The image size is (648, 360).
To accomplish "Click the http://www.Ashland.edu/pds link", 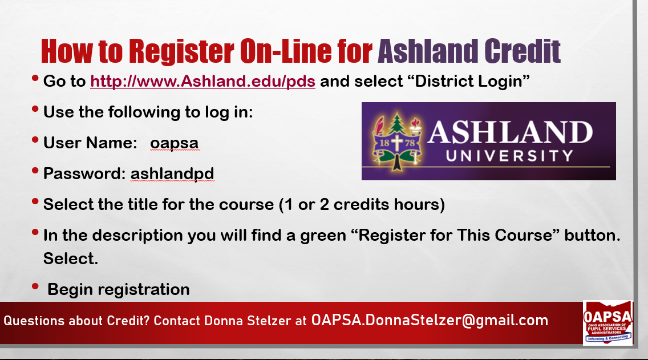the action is [x=203, y=81].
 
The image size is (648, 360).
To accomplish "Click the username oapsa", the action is [x=175, y=143].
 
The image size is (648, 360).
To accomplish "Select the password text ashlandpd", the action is [x=172, y=173].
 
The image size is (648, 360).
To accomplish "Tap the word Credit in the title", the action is [x=523, y=51].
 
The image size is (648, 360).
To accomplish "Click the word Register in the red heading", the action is [x=181, y=52].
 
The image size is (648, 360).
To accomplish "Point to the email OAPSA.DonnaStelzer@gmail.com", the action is [x=430, y=320].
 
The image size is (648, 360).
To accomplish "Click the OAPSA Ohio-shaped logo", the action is [x=607, y=323].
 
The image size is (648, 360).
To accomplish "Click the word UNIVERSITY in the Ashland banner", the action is [x=509, y=156].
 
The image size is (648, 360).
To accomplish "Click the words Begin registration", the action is [x=119, y=289].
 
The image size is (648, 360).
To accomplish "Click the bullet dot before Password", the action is [x=35, y=170].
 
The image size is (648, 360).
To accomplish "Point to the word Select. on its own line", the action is [x=71, y=259].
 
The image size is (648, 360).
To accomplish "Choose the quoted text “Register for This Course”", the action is [x=455, y=235].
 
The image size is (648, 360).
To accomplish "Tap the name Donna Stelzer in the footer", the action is [x=248, y=321].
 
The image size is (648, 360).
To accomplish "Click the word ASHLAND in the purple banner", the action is [x=511, y=132].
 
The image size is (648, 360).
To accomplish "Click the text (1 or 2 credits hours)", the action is [x=362, y=205].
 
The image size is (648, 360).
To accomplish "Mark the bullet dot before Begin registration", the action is [x=35, y=286].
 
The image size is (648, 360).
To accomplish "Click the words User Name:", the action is [x=90, y=143].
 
